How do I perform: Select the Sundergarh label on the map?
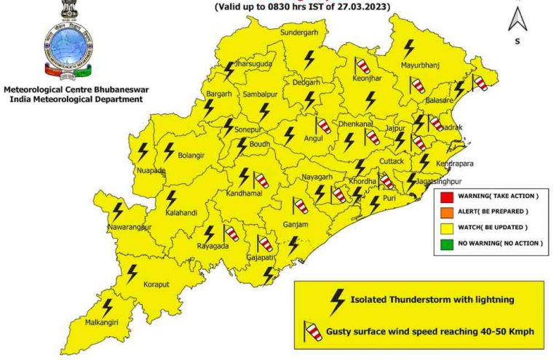pyautogui.click(x=300, y=33)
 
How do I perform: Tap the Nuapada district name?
pyautogui.click(x=151, y=171)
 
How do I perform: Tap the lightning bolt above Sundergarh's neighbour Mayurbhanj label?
pyautogui.click(x=409, y=49)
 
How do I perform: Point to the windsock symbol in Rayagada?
pyautogui.click(x=232, y=233)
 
